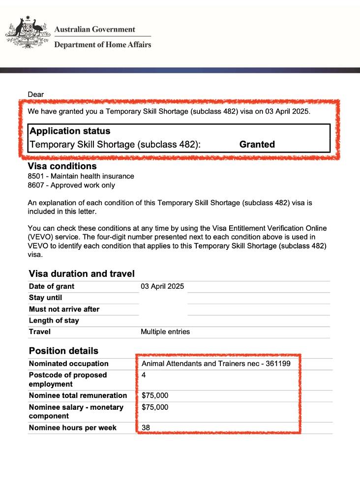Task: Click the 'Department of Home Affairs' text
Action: click(102, 45)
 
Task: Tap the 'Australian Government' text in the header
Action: click(94, 30)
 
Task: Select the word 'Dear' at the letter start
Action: click(36, 94)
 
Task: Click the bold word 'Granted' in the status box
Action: click(257, 144)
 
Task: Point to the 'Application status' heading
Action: click(70, 131)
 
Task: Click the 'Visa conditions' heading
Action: click(62, 166)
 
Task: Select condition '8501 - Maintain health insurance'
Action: click(81, 176)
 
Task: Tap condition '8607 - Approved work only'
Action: click(71, 185)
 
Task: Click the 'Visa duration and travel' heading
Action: click(82, 274)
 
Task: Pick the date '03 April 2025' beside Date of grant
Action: click(162, 287)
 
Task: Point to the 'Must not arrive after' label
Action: click(64, 309)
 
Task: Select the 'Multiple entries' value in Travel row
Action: click(165, 332)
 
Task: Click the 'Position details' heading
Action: click(63, 351)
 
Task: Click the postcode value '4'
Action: click(144, 375)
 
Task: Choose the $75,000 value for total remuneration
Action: click(155, 396)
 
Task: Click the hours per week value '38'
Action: click(146, 428)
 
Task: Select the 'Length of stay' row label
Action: click(54, 321)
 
